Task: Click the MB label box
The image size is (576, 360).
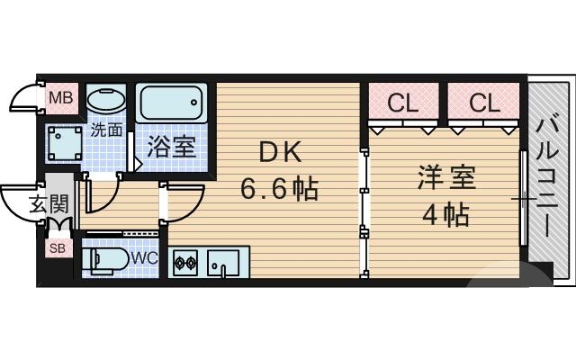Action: (60, 97)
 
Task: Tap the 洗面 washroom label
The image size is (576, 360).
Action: (105, 129)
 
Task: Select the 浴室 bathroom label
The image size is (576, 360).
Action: (172, 147)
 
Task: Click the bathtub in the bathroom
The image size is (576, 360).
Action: (174, 103)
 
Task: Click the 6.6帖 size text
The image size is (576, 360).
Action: (278, 190)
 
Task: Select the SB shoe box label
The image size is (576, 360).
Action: (57, 247)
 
